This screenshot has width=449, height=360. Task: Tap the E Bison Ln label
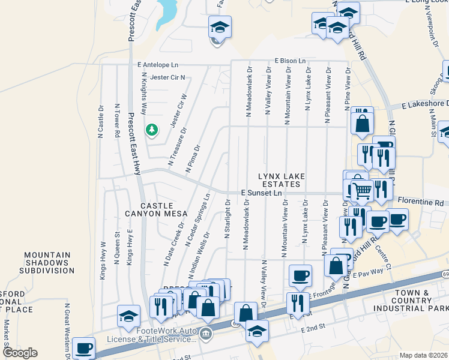291,61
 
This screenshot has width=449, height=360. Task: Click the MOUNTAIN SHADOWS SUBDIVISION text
49,263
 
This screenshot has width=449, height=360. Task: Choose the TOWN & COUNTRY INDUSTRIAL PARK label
411,302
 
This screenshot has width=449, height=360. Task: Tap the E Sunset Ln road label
261,193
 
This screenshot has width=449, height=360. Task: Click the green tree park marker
152,130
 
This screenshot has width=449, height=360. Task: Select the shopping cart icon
361,190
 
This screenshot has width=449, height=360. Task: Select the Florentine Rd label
426,203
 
